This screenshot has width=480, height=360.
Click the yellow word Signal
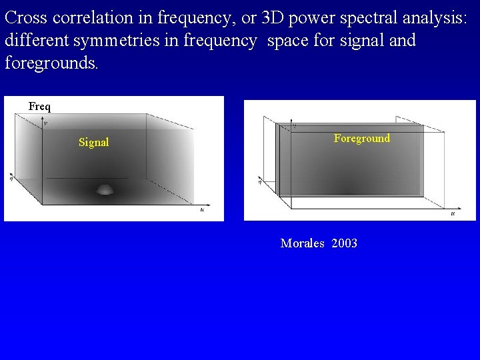pos(93,142)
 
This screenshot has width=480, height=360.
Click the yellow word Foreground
pos(361,138)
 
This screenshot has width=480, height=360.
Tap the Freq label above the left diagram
pos(39,107)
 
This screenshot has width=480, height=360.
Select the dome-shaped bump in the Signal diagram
pos(105,189)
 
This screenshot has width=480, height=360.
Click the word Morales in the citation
pos(302,243)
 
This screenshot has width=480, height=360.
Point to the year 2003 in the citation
pos(344,243)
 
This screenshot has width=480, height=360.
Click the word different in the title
pos(37,41)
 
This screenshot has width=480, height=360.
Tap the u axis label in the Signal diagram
pos(202,209)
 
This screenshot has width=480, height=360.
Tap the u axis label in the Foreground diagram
pos(453,213)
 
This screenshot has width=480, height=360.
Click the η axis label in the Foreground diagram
pos(260,179)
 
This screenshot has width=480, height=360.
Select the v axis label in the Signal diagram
pos(45,123)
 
